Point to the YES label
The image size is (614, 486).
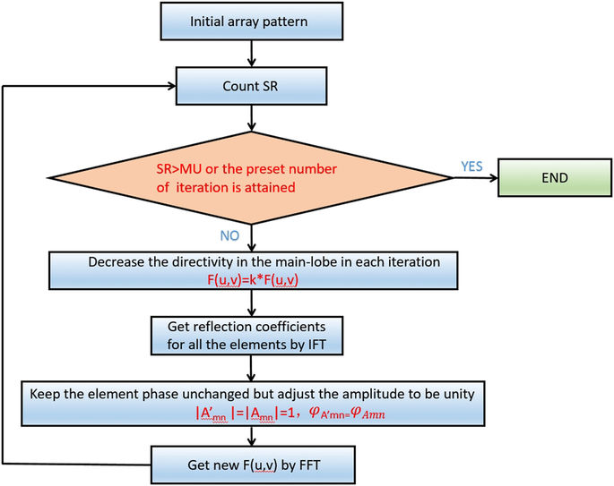pos(471,166)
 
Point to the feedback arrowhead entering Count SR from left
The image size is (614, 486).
pos(171,88)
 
